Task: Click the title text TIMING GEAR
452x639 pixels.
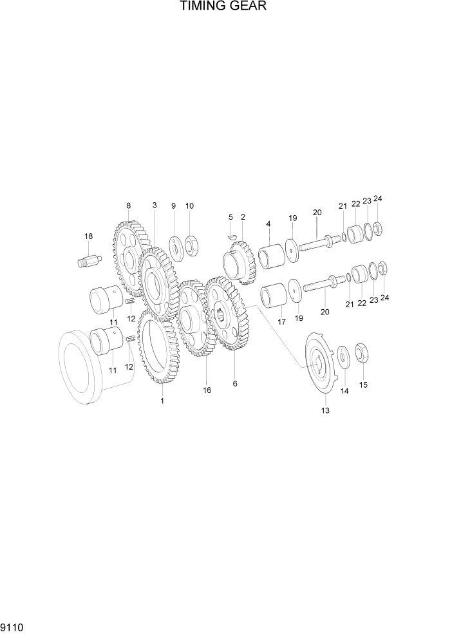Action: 223,7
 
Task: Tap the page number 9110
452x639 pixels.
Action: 14,627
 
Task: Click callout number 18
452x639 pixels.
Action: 88,236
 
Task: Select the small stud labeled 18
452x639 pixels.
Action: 89,261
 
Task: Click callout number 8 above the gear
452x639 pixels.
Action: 128,205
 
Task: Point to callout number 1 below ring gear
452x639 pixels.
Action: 162,401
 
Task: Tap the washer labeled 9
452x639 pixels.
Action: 174,245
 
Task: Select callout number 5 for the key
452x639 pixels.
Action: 230,217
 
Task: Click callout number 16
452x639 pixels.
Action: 207,390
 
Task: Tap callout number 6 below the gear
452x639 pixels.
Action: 235,383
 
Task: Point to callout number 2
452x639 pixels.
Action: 243,217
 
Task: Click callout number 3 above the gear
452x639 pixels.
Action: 155,205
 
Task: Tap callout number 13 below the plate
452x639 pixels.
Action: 325,410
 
